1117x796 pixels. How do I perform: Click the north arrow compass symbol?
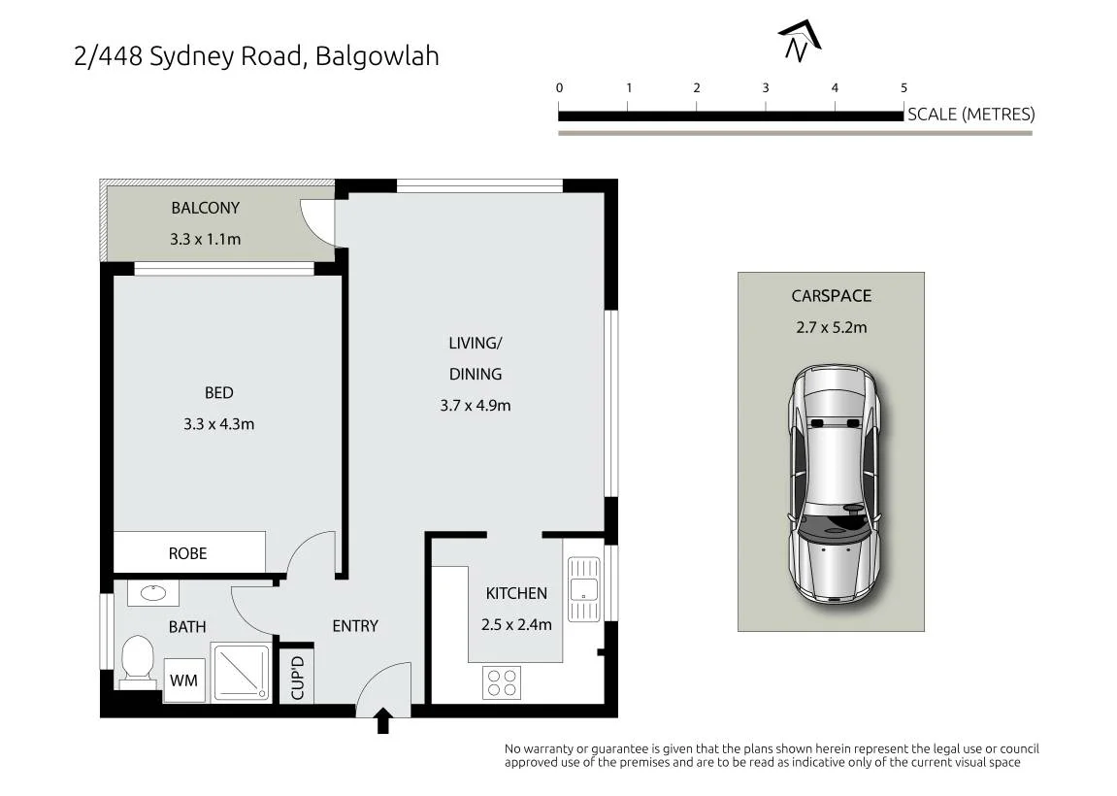coord(800,41)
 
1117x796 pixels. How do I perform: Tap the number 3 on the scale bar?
coord(766,87)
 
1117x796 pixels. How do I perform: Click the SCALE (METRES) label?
coord(971,114)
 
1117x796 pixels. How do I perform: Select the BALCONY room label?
coord(205,208)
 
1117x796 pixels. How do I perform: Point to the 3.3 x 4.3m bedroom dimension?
coord(218,424)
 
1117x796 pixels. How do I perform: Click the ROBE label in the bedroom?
coord(187,553)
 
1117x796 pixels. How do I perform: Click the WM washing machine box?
coord(183,680)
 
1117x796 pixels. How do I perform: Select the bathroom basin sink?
coord(153,593)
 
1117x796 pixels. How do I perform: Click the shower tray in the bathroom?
coord(241,672)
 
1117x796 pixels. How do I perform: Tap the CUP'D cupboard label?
coord(298,678)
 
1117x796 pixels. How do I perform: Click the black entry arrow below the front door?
coord(382,719)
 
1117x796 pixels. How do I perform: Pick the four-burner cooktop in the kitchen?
coord(502,682)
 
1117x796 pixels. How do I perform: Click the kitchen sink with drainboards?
coord(584,589)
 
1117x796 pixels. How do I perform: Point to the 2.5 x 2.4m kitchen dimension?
coord(516,625)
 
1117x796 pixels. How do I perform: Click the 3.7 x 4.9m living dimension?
coord(476,406)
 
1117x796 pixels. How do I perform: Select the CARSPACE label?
coord(832,296)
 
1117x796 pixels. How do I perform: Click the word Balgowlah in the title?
coord(377,56)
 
